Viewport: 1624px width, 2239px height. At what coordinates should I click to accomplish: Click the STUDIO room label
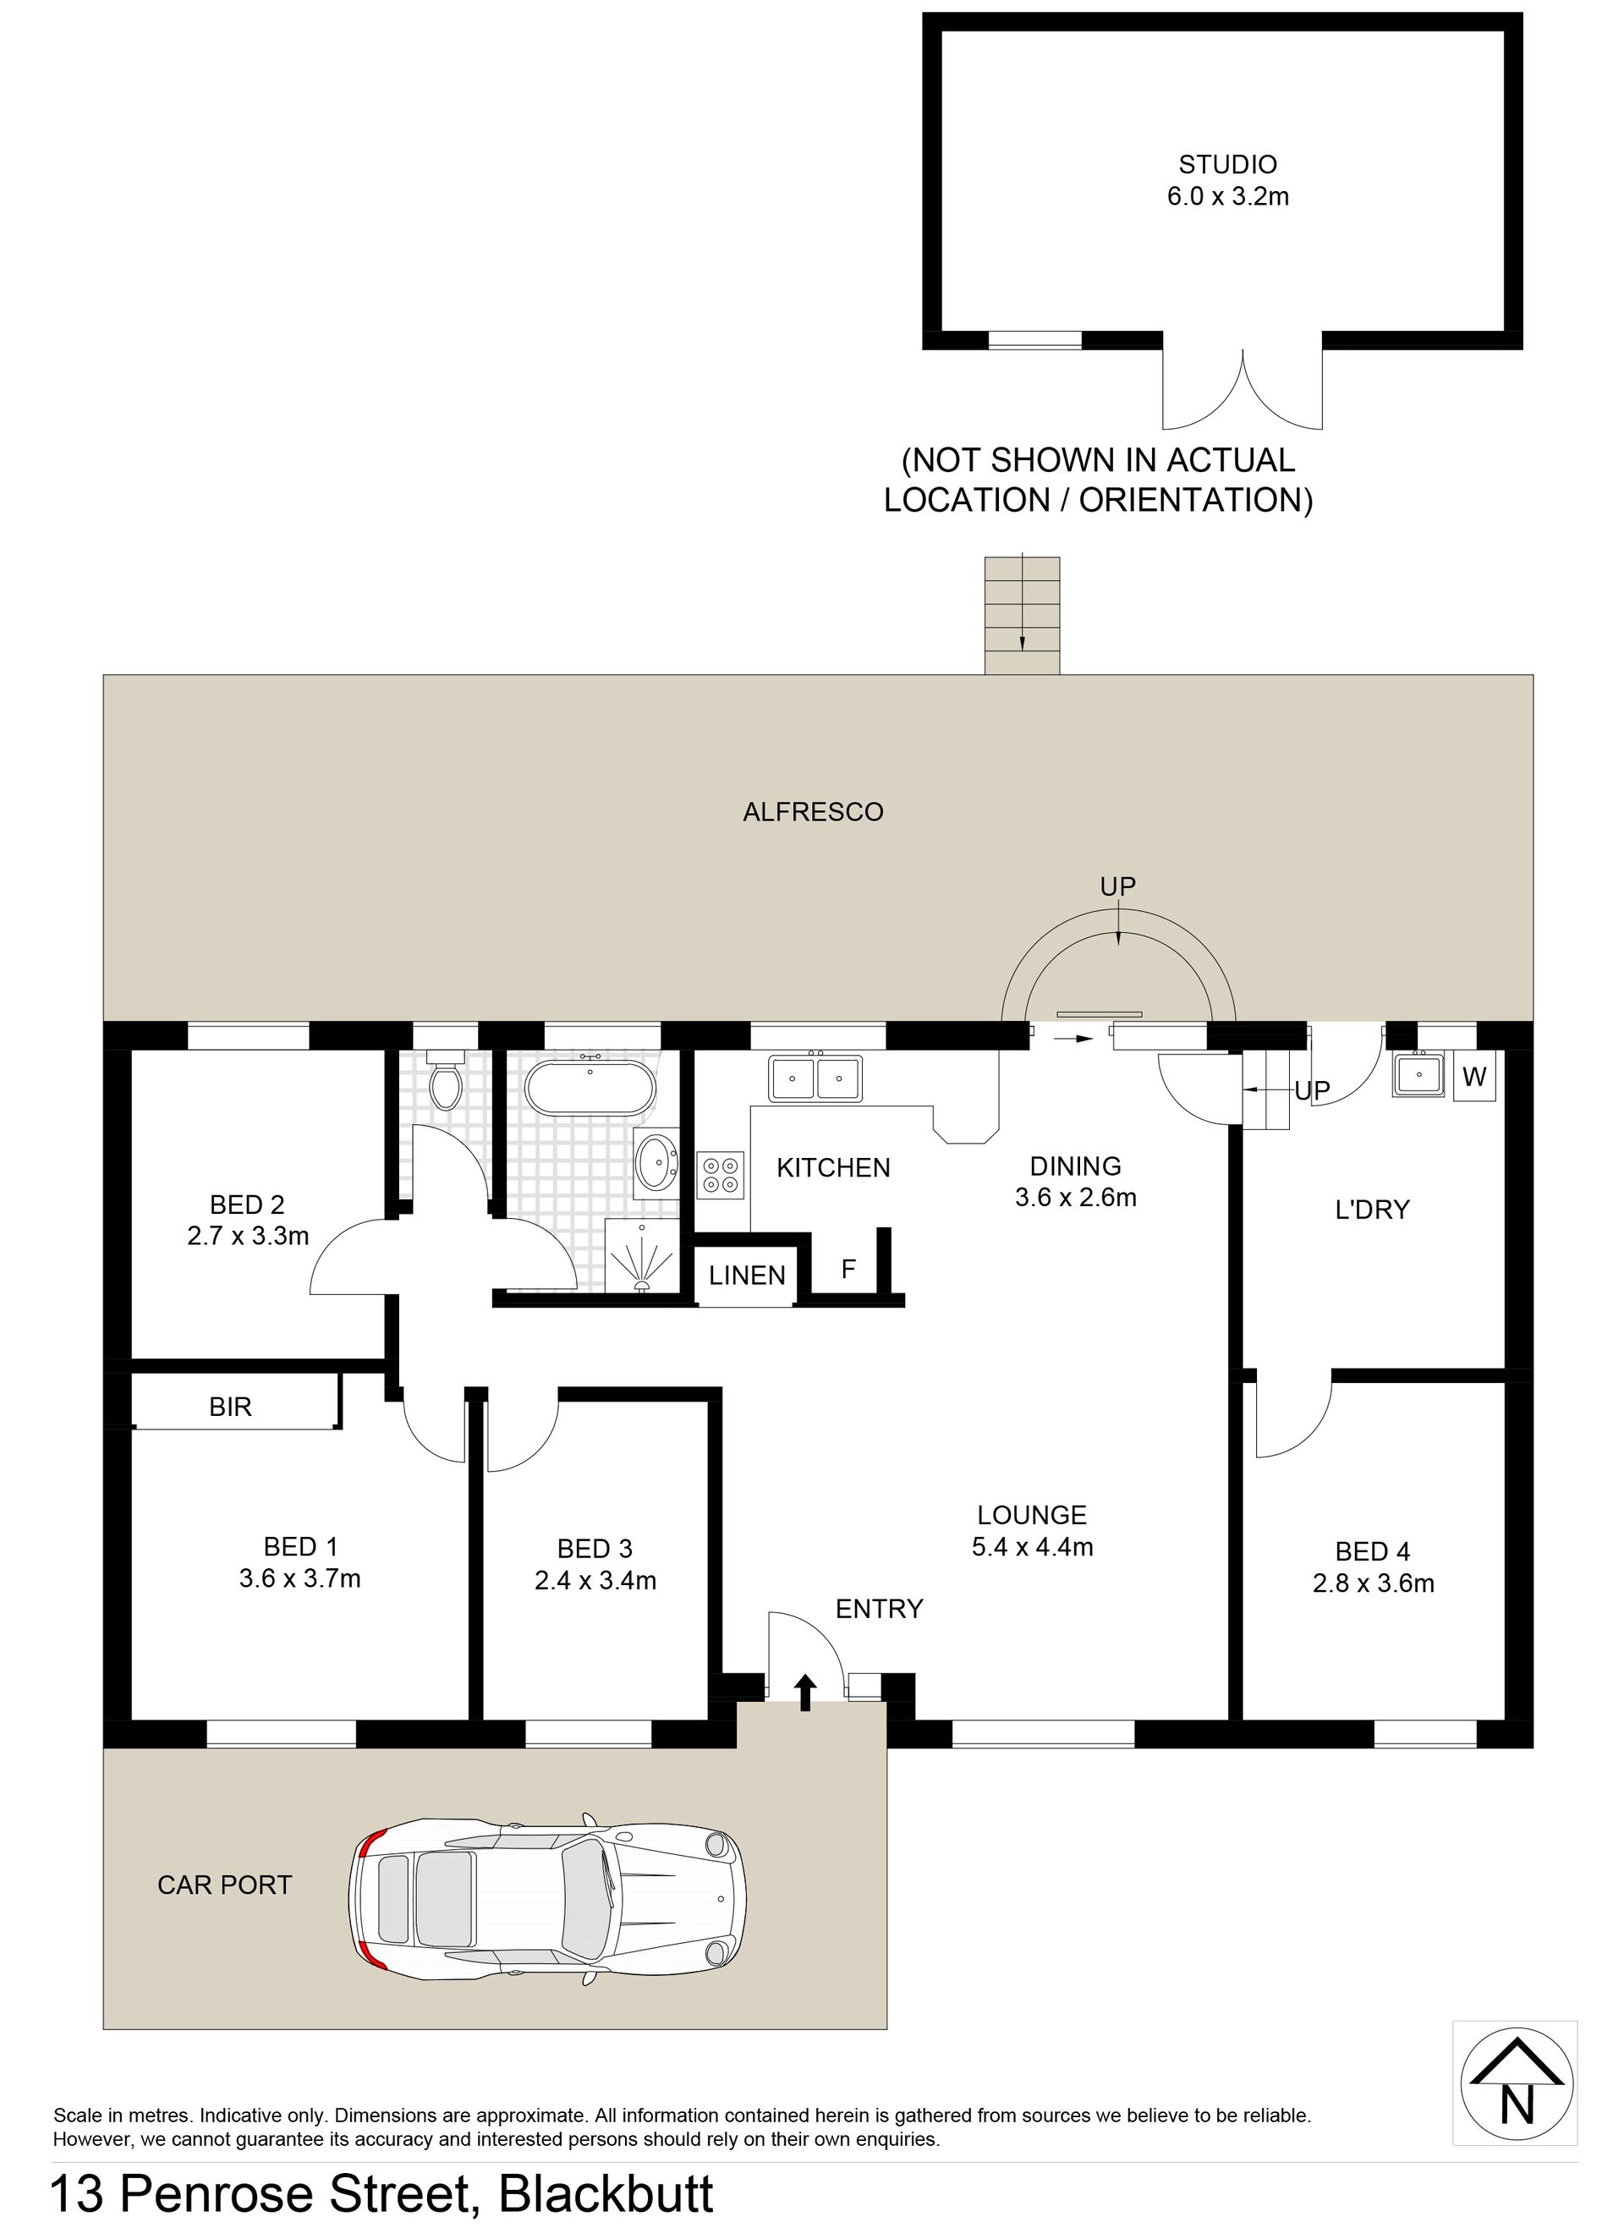(1227, 164)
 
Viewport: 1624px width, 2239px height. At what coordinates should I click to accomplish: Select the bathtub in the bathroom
(590, 1088)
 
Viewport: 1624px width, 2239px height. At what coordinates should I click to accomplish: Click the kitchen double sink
(815, 1077)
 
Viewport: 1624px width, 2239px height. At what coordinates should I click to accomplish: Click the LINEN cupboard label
(748, 1276)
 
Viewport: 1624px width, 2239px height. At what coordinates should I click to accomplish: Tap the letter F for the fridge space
(848, 1270)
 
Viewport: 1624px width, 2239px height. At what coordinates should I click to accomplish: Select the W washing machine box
(1474, 1076)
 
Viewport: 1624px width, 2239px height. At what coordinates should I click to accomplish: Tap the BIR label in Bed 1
(230, 1407)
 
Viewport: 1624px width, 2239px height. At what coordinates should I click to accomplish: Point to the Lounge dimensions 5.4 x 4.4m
(1033, 1547)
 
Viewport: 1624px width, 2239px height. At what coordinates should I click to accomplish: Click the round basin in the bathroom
(656, 1162)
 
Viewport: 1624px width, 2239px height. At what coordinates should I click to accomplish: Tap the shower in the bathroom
(643, 1254)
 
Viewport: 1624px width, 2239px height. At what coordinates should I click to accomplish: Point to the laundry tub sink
(1418, 1074)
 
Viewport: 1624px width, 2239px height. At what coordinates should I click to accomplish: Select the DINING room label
(1076, 1166)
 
